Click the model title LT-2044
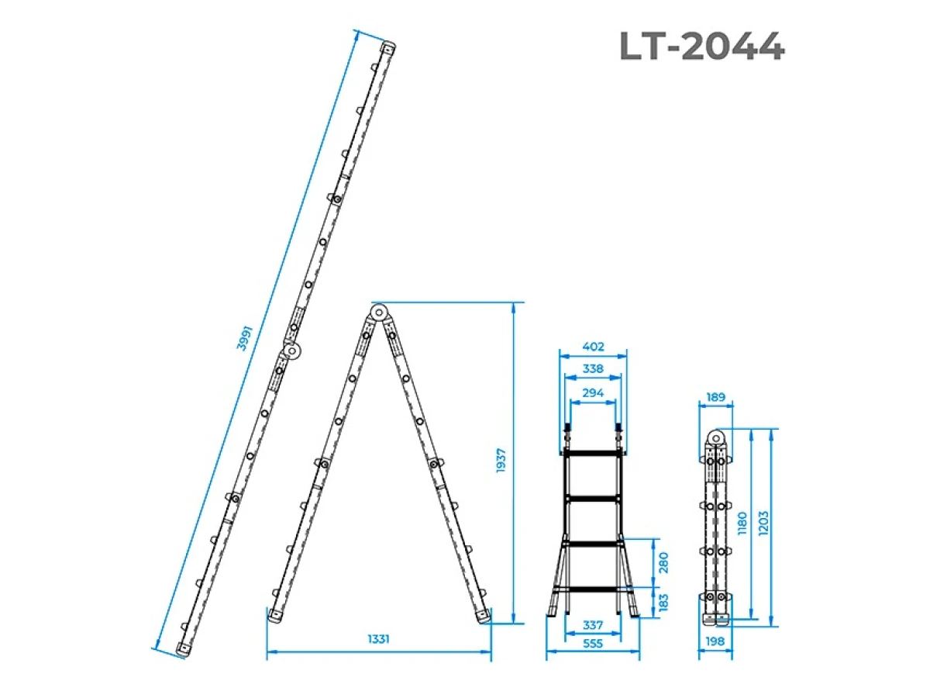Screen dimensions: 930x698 point(701,47)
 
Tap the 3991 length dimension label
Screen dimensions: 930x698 point(244,338)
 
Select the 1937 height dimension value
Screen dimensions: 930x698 point(501,460)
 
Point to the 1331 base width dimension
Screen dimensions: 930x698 point(378,638)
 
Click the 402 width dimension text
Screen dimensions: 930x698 point(593,346)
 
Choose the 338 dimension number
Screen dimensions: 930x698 point(593,368)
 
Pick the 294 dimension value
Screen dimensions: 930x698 point(593,392)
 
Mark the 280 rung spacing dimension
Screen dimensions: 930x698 point(663,562)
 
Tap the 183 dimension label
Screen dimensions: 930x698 point(663,602)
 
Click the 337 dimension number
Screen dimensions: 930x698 point(593,624)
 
